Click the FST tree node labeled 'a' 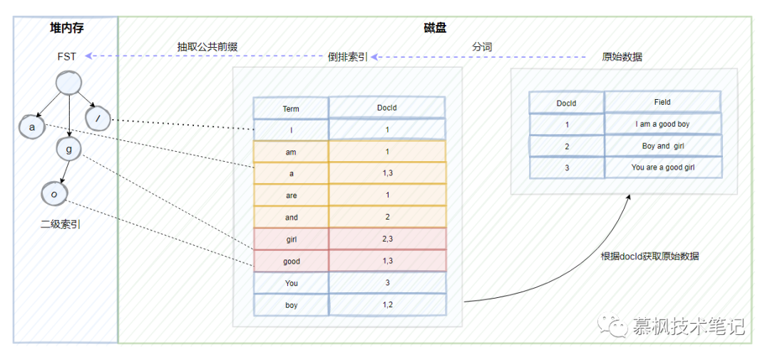[31, 127]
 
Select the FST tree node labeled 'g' [68, 149]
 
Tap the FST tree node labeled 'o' [53, 193]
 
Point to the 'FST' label [66, 56]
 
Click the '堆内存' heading [66, 29]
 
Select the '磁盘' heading [435, 29]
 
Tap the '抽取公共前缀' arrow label [207, 46]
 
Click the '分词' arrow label [482, 46]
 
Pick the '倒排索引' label [347, 57]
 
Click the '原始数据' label [622, 56]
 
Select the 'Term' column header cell [291, 108]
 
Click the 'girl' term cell [291, 240]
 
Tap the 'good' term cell [291, 261]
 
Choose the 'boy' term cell [291, 305]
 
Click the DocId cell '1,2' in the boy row [387, 305]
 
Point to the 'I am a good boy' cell [662, 124]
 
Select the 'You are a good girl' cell [662, 168]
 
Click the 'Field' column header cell [662, 102]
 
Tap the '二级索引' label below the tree [61, 224]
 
